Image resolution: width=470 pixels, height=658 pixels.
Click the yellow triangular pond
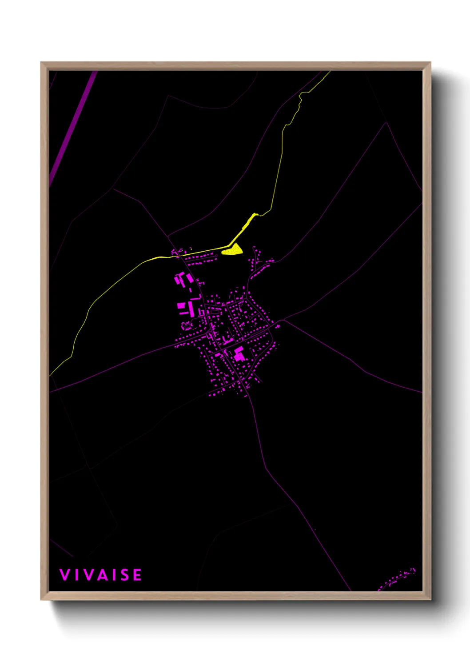233,250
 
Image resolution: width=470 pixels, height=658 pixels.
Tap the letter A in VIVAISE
101,575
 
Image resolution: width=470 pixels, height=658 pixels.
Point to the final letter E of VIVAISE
137,575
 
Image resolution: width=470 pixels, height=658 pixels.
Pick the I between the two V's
76,575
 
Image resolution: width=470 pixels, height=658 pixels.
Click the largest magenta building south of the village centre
239,353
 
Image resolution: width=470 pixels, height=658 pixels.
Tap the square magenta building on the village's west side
181,305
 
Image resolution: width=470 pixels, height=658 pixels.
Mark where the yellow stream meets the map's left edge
51,375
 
